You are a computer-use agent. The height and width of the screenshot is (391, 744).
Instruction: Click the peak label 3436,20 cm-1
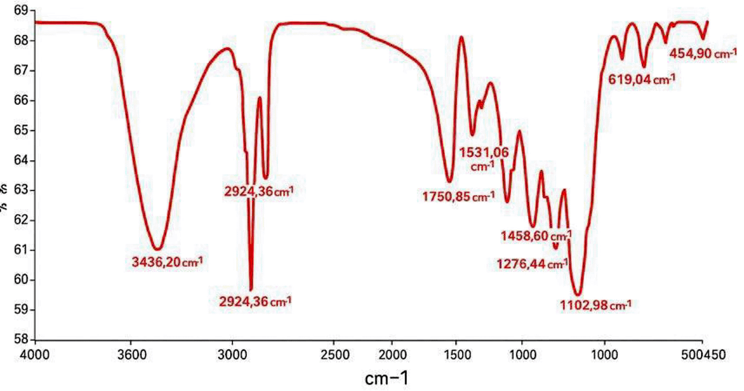click(167, 262)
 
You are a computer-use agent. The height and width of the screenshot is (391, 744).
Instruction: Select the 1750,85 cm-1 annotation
click(458, 197)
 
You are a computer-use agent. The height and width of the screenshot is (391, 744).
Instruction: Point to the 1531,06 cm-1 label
click(484, 159)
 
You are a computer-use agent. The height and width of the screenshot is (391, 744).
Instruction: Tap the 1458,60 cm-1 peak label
click(536, 236)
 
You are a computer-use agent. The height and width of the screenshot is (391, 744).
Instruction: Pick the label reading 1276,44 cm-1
click(532, 264)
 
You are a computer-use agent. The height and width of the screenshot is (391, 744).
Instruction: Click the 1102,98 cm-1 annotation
click(595, 306)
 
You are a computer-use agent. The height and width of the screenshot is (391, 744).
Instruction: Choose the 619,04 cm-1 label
click(641, 80)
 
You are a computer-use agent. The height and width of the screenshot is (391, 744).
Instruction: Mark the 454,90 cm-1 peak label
click(703, 54)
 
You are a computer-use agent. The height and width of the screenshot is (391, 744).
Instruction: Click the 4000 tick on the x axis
click(35, 355)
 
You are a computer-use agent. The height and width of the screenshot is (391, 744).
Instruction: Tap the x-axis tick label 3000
click(233, 355)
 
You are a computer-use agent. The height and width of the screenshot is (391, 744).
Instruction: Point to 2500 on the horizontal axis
click(334, 355)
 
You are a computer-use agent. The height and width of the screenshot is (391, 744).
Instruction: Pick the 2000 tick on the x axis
click(392, 355)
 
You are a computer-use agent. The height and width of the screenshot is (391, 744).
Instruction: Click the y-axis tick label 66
click(21, 100)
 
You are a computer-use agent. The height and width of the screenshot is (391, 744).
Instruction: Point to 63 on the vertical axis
click(21, 190)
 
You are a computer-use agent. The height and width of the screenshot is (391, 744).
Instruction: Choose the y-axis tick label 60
click(21, 280)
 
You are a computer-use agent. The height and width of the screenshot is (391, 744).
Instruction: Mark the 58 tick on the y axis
click(21, 339)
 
